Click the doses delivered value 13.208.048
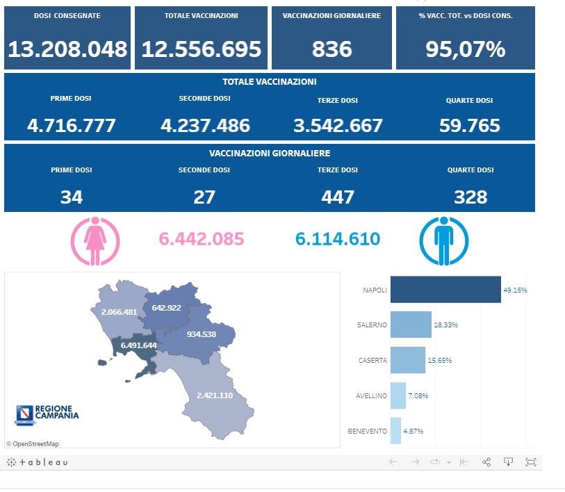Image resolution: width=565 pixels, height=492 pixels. coord(67,49)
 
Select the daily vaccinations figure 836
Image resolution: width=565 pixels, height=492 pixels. coord(331,49)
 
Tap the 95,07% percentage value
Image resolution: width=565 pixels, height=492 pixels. coord(465,49)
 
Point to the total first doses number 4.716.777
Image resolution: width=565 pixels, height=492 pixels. coord(72,126)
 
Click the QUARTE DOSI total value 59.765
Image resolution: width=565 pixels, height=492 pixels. coord(470,126)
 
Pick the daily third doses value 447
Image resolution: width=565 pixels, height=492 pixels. coord(337,197)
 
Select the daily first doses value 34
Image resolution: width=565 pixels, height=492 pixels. coord(72,197)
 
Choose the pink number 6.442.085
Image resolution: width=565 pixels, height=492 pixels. coord(202,239)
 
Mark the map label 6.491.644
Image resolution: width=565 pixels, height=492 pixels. coord(138,345)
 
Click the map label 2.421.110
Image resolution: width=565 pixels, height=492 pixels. coord(214,395)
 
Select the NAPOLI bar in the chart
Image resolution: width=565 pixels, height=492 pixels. coord(445,290)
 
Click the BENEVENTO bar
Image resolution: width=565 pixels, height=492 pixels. coord(395,431)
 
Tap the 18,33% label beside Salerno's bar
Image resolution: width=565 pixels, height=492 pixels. coord(446,325)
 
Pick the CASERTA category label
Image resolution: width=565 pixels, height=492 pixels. coord(372,360)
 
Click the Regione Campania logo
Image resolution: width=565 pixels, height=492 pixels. coord(47,414)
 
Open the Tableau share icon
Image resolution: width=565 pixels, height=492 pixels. coord(486,462)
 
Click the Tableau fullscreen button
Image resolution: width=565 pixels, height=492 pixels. coord(531,462)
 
